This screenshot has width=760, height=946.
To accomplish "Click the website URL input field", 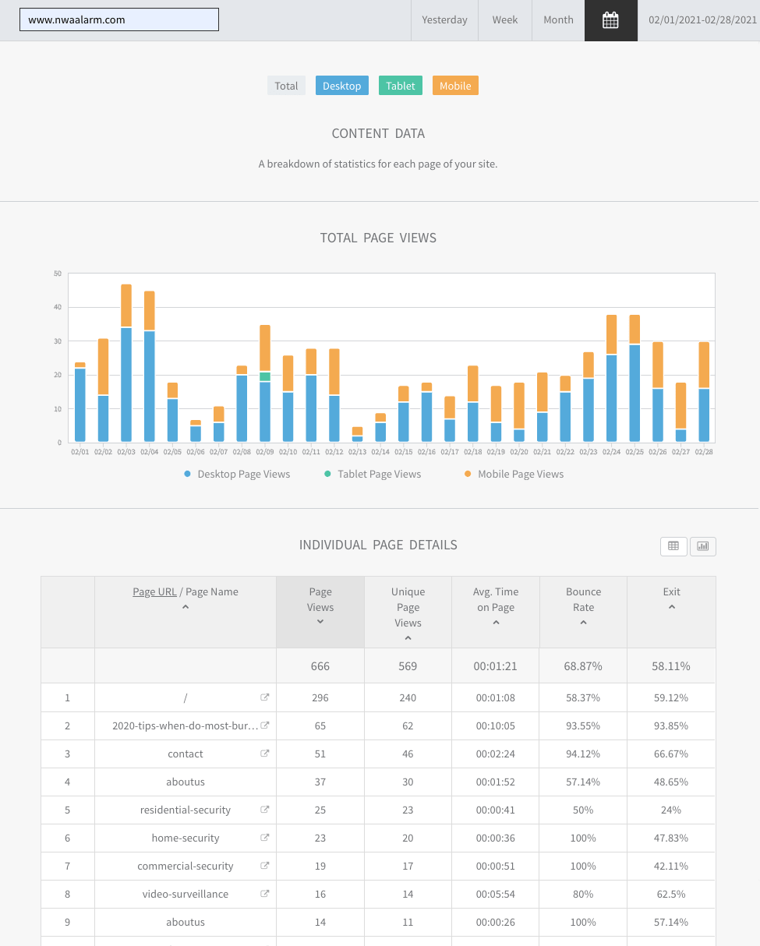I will [119, 19].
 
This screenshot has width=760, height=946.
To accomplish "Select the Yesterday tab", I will [444, 20].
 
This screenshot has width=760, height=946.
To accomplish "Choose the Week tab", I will [505, 20].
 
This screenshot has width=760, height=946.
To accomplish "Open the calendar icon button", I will [610, 20].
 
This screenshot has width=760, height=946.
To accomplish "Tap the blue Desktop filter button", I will [341, 86].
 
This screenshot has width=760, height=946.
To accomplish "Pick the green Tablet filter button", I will [401, 86].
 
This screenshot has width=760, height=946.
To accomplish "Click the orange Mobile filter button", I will [455, 86].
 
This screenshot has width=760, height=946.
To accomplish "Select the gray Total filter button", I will [286, 86].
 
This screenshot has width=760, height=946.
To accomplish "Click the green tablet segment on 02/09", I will [265, 376].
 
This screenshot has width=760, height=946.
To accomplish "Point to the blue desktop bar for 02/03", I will [126, 385].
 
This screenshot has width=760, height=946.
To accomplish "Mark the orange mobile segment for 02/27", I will [680, 405].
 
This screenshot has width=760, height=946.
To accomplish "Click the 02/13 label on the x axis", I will [357, 452].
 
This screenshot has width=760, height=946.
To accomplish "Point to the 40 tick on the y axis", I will [58, 307].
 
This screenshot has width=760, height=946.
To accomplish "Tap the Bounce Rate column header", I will [583, 599].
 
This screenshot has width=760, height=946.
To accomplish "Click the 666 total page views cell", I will [320, 666].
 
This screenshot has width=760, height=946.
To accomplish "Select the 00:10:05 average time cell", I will [496, 725].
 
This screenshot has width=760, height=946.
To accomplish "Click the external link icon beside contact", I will [265, 754].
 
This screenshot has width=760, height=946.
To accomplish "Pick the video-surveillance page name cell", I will [186, 894].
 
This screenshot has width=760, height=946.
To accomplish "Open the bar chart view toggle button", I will [702, 546].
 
